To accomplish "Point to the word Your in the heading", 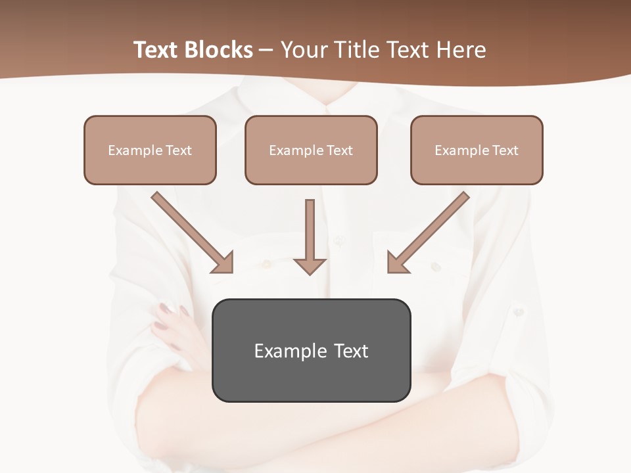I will pyautogui.click(x=303, y=50).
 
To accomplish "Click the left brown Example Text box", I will pyautogui.click(x=150, y=150).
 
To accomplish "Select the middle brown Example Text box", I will pyautogui.click(x=311, y=150).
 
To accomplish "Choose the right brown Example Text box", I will pyautogui.click(x=477, y=150).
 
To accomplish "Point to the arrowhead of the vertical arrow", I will pyautogui.click(x=310, y=265).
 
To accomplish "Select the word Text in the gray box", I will pyautogui.click(x=351, y=351).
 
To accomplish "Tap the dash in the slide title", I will pyautogui.click(x=266, y=51).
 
